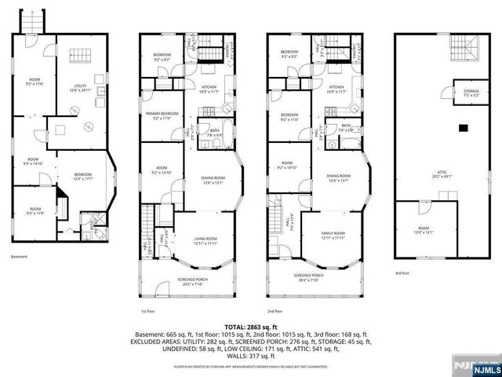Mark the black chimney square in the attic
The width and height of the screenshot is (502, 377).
coord(463,127)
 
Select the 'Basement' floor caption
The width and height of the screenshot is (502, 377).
coord(20,257)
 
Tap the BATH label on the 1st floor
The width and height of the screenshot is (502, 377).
coord(214,131)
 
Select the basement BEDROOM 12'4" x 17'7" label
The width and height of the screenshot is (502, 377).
coord(83,176)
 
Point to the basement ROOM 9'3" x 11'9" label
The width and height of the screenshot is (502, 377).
coord(34,210)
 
